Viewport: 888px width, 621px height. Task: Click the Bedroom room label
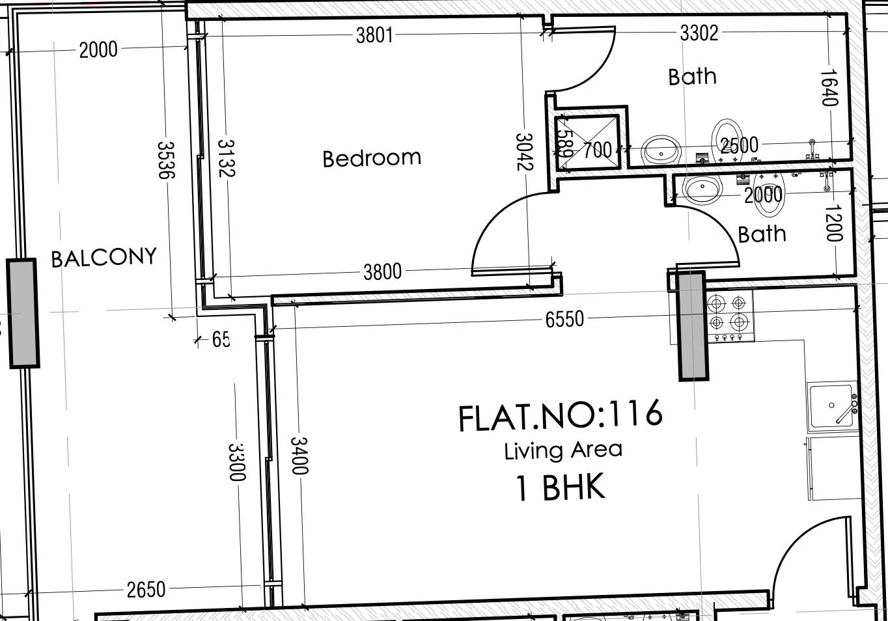372,158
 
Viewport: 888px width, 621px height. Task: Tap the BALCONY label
104,258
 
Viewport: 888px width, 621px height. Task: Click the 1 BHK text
561,488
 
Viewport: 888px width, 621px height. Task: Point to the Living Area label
563,450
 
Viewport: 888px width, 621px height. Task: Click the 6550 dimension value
564,319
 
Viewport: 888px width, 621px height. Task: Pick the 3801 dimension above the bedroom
374,34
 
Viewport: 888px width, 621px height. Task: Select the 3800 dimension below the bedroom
382,271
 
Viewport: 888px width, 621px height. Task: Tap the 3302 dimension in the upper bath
699,33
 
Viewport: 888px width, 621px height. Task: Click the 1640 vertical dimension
828,87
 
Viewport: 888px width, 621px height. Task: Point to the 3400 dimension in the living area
299,455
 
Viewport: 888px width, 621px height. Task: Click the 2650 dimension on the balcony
146,590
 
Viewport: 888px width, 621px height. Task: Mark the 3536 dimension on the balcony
166,160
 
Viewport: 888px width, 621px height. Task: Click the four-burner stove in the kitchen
728,312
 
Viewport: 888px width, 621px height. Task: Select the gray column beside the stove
692,325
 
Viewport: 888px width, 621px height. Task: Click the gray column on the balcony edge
23,313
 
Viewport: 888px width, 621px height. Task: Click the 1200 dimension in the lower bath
833,223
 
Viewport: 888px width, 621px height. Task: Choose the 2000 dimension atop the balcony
98,49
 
